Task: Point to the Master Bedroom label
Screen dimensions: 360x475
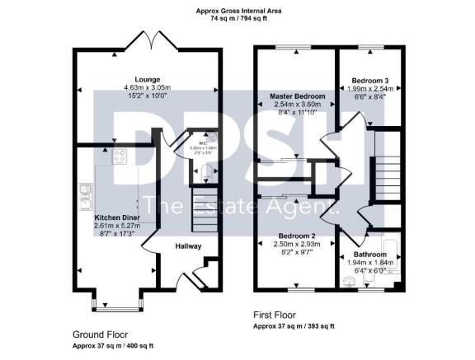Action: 298,96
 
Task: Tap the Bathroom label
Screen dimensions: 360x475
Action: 369,255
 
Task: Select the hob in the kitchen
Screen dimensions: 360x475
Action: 118,157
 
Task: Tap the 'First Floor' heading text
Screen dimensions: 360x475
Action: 273,315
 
